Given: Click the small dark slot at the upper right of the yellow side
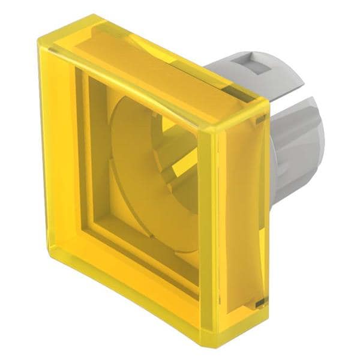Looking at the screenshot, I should [x=260, y=122].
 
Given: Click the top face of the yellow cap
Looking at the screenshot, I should [x=150, y=66].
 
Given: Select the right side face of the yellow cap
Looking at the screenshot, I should [x=237, y=228].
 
